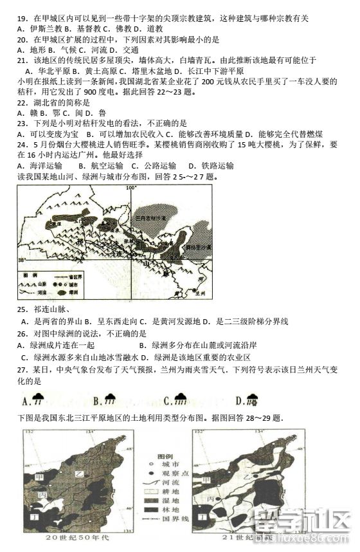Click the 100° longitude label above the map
tap(132, 188)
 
